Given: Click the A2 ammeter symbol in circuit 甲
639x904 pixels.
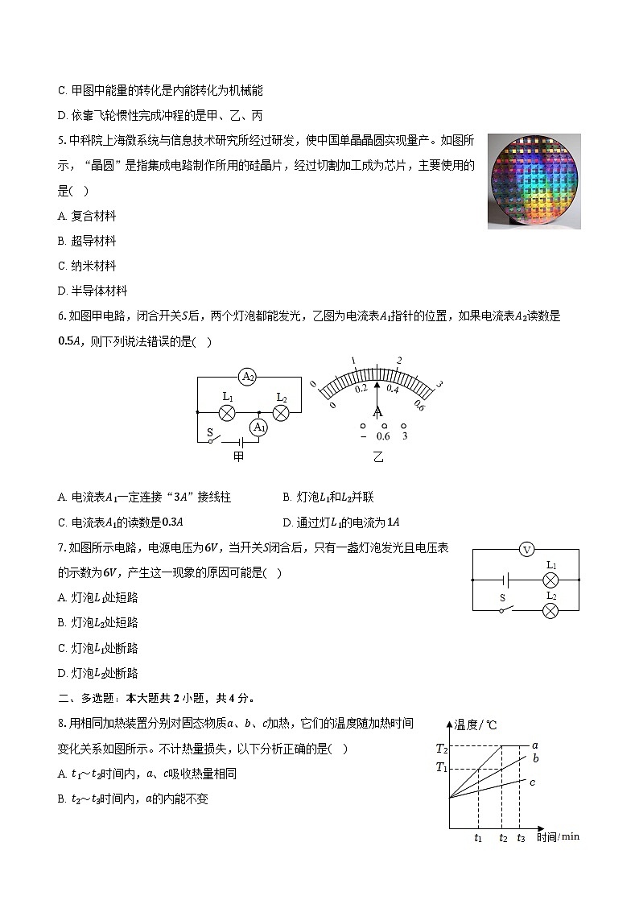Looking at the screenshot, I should (x=247, y=377).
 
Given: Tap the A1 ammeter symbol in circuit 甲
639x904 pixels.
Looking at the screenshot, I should (x=258, y=427).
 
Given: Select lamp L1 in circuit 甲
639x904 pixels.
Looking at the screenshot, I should (x=228, y=412).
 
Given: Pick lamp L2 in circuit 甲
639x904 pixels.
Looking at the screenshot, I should (x=281, y=412).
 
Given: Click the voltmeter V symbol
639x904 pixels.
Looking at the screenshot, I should (x=526, y=550).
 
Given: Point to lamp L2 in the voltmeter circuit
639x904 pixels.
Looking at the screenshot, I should (x=550, y=610).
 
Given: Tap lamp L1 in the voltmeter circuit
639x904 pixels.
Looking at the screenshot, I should (x=551, y=579).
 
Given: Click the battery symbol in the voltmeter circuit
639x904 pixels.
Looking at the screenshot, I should (x=507, y=579).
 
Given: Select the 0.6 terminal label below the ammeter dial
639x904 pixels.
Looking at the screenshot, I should (x=383, y=436).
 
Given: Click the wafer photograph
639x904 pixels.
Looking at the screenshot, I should (x=534, y=181).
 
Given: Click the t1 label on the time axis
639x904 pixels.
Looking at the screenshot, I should (x=478, y=838).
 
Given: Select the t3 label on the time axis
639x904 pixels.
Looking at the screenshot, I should (x=521, y=838).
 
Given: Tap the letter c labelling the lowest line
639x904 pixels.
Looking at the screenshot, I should (x=533, y=781).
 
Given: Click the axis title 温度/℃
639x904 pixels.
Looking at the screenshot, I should (x=476, y=724).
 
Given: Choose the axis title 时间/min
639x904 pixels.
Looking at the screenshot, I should (x=558, y=837).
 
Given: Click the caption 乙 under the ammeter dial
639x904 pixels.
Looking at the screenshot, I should (x=378, y=456).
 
